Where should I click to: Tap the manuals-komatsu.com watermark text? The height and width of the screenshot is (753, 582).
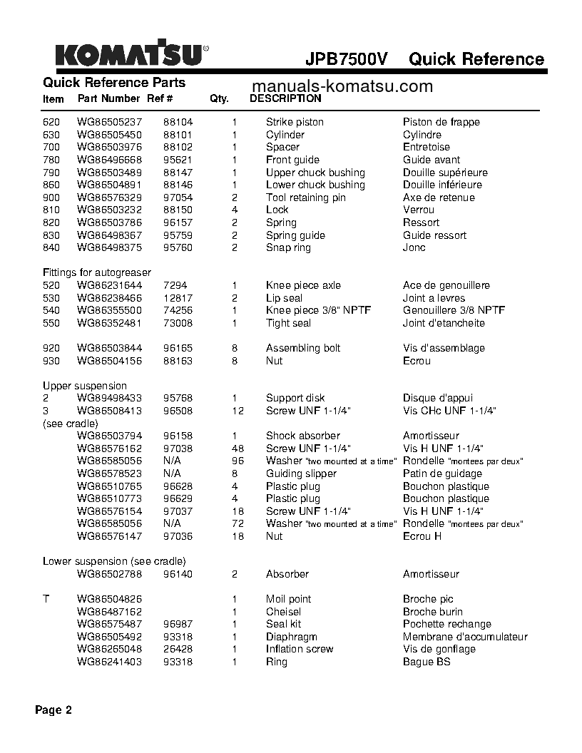coord(342,86)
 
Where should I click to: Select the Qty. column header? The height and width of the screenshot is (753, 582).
coord(219,99)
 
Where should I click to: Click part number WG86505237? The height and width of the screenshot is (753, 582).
coord(109,122)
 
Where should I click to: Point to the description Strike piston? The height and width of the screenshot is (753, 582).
coord(295,122)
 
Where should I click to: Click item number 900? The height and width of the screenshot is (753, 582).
coord(51,198)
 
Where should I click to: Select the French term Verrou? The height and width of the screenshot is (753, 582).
coord(418,210)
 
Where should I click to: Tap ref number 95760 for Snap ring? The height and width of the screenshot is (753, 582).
coord(178,247)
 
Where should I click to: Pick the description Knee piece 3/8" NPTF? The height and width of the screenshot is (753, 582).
coord(318,310)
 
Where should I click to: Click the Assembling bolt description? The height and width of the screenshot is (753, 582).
coord(303,348)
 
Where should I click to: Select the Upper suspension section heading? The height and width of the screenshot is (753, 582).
coord(84,386)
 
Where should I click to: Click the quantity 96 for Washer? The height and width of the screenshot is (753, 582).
coord(238,461)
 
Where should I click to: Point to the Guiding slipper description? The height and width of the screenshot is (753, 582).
coord(301,473)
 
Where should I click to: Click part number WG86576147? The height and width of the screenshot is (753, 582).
coord(109,536)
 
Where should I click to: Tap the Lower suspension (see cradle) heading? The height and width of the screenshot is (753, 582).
coord(114,560)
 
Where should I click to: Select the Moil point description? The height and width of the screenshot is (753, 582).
coord(288,599)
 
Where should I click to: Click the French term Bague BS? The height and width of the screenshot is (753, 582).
coord(427,662)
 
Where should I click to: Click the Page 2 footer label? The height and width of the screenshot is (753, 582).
coord(53,710)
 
